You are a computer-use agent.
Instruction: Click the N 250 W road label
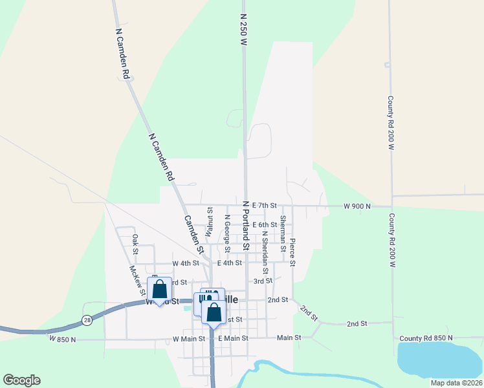(244, 29)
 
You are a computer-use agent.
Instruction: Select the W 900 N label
(357, 206)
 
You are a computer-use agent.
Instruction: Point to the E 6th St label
(265, 224)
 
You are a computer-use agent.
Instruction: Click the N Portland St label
(246, 225)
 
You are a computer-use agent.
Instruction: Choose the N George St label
(226, 234)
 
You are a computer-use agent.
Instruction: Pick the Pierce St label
(292, 252)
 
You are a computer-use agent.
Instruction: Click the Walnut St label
(210, 221)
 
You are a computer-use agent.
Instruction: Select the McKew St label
(137, 280)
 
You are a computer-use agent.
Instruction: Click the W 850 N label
(62, 338)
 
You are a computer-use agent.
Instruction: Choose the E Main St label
(232, 338)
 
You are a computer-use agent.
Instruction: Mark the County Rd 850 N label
(426, 338)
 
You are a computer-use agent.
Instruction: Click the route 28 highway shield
(87, 319)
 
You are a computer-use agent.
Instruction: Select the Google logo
(21, 380)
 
